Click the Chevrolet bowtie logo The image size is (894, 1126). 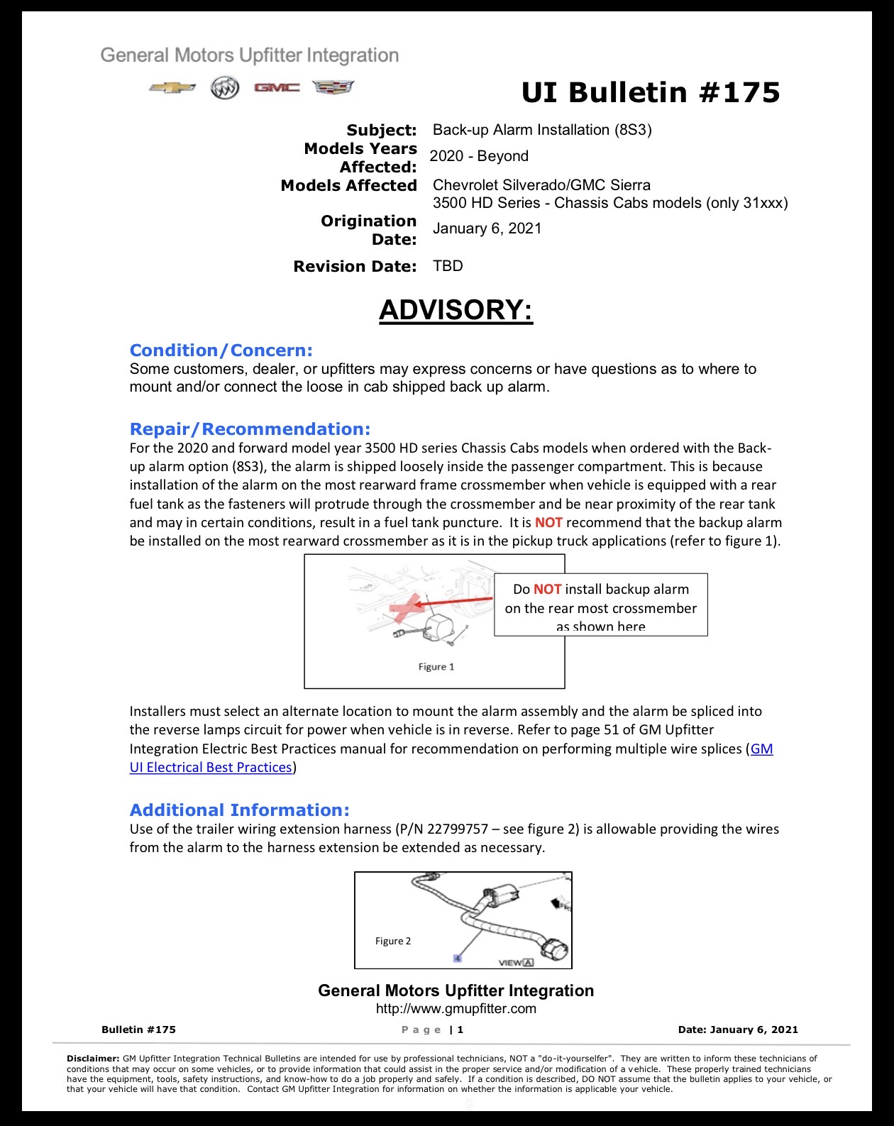coord(172,88)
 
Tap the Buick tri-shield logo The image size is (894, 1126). coord(225,88)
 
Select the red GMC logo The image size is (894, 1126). coord(277,87)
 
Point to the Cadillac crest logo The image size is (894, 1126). coord(333,87)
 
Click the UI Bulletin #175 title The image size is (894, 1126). coord(651,93)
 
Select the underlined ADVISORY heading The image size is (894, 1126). coord(456,310)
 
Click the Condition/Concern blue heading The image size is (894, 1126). coord(221,350)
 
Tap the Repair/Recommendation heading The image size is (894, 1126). coord(250,429)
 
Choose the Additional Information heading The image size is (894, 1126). coord(239,810)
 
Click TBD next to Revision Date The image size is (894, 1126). coord(448,266)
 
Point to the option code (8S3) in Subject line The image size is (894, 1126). coord(633,130)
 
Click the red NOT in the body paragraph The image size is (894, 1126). coord(548,522)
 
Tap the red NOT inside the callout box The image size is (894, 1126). coord(548,589)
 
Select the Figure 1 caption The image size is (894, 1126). coord(436,667)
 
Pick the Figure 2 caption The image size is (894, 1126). coord(393,941)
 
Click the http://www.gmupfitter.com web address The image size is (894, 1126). coord(456,1008)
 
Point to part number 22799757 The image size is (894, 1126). coord(458,829)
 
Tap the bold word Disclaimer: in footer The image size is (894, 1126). coord(93,1059)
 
